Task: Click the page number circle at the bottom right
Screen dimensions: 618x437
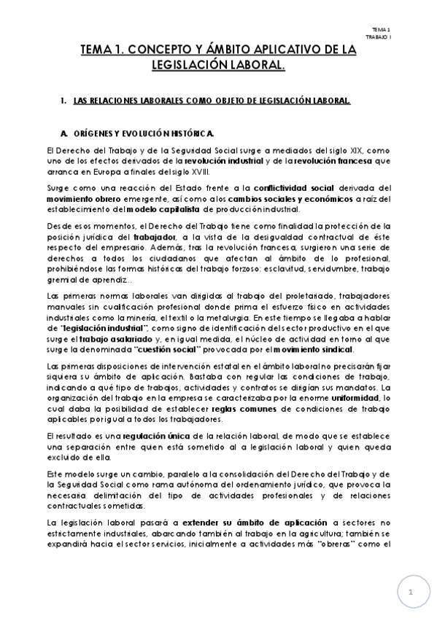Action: coord(411,592)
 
